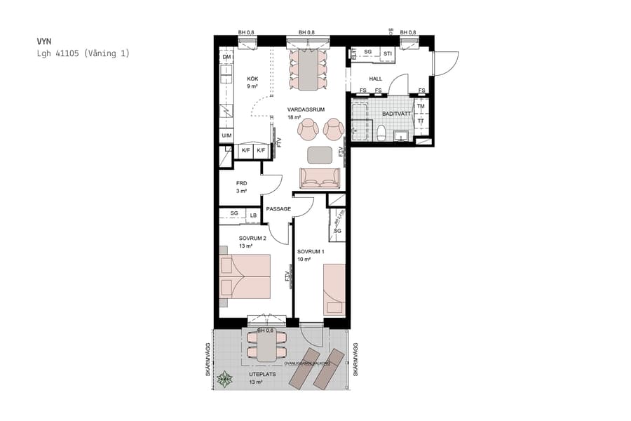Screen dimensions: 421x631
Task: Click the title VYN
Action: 44,41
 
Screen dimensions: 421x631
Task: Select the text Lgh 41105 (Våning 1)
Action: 83,53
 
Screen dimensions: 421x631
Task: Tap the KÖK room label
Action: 252,79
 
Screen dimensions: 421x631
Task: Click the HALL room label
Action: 375,79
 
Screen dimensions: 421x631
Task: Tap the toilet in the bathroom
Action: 381,133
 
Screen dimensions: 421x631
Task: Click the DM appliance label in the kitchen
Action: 226,57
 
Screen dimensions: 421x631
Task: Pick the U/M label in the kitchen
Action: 226,135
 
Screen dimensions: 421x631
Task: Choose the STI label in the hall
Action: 387,53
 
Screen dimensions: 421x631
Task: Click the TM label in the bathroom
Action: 421,107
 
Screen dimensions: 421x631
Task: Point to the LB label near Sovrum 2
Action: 252,215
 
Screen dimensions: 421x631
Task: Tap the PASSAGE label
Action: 278,209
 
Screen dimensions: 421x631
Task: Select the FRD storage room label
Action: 242,183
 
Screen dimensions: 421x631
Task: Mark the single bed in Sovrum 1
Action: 334,289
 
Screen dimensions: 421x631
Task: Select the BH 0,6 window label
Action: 264,330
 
